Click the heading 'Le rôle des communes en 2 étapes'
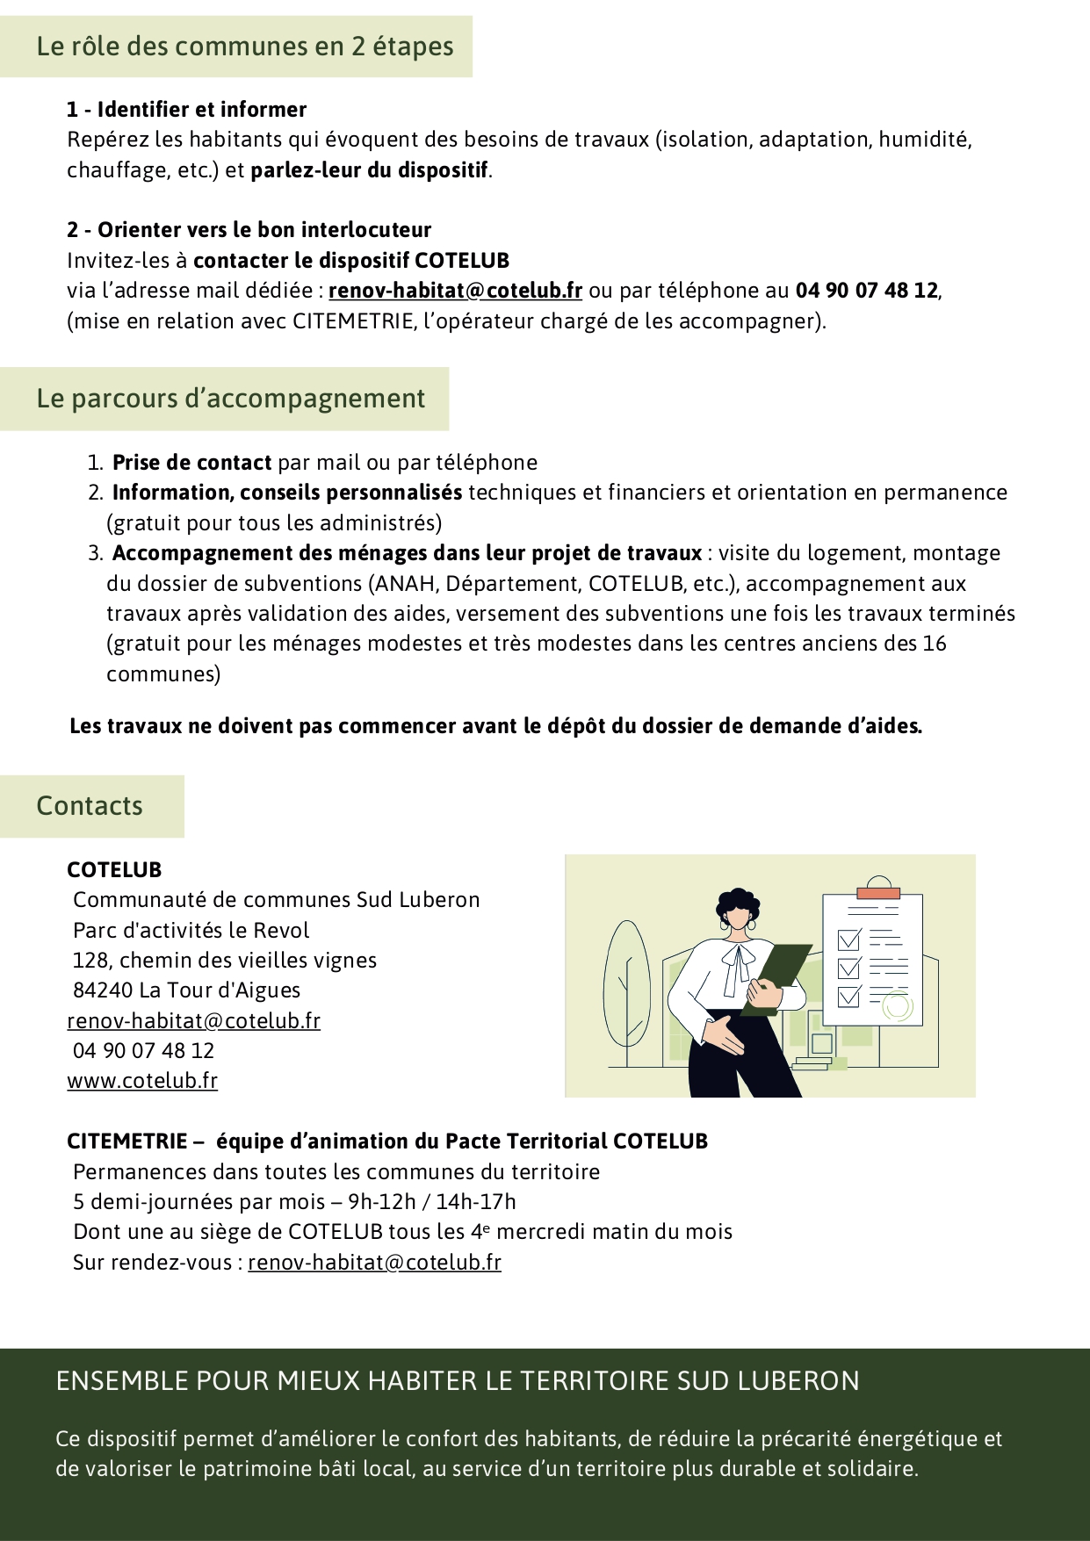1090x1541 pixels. [244, 47]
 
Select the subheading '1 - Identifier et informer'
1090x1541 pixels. [186, 110]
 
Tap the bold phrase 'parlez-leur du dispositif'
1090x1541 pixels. [369, 170]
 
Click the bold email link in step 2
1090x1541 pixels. [455, 291]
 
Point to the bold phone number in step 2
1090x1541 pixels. [866, 291]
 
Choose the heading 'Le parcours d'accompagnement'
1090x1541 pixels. [230, 399]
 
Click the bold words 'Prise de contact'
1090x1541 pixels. [191, 463]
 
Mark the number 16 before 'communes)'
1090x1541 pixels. [934, 644]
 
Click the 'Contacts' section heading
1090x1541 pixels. [90, 806]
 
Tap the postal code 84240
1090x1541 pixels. [103, 990]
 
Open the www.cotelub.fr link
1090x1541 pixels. [142, 1081]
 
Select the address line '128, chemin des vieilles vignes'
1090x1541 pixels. [225, 961]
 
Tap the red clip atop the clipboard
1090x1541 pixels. [878, 893]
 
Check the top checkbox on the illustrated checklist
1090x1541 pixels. [848, 940]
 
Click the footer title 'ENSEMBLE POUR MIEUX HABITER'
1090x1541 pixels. [457, 1381]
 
